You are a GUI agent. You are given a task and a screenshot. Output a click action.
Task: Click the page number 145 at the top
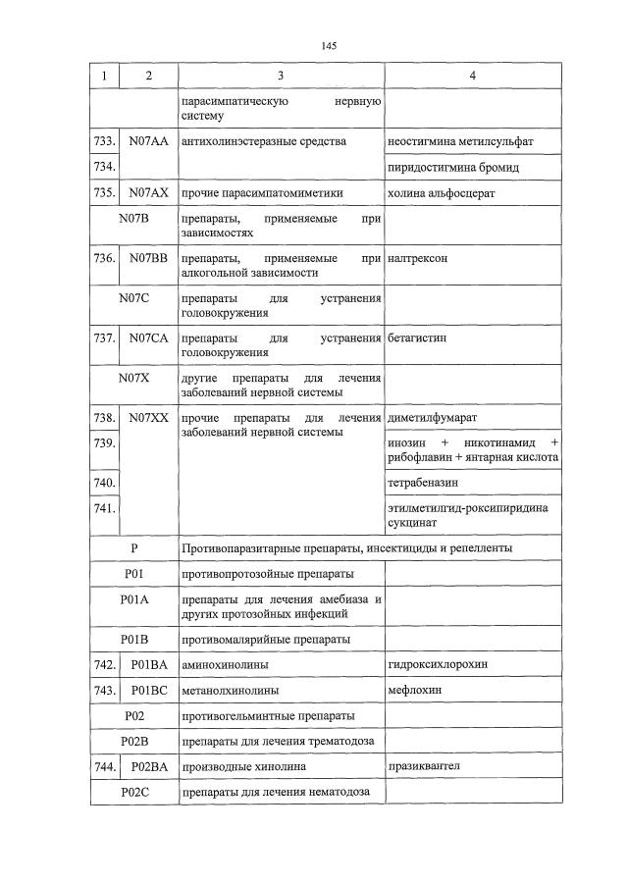tap(329, 45)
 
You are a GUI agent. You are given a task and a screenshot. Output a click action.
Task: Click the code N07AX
tap(148, 193)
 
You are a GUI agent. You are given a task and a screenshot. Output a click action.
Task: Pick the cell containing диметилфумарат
tap(433, 417)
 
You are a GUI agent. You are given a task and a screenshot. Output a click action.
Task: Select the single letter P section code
tap(133, 547)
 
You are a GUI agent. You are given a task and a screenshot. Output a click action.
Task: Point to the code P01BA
tap(148, 665)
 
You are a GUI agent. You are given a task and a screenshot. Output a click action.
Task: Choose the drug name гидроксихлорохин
tap(437, 665)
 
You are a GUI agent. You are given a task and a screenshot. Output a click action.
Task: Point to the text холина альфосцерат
tap(442, 193)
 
